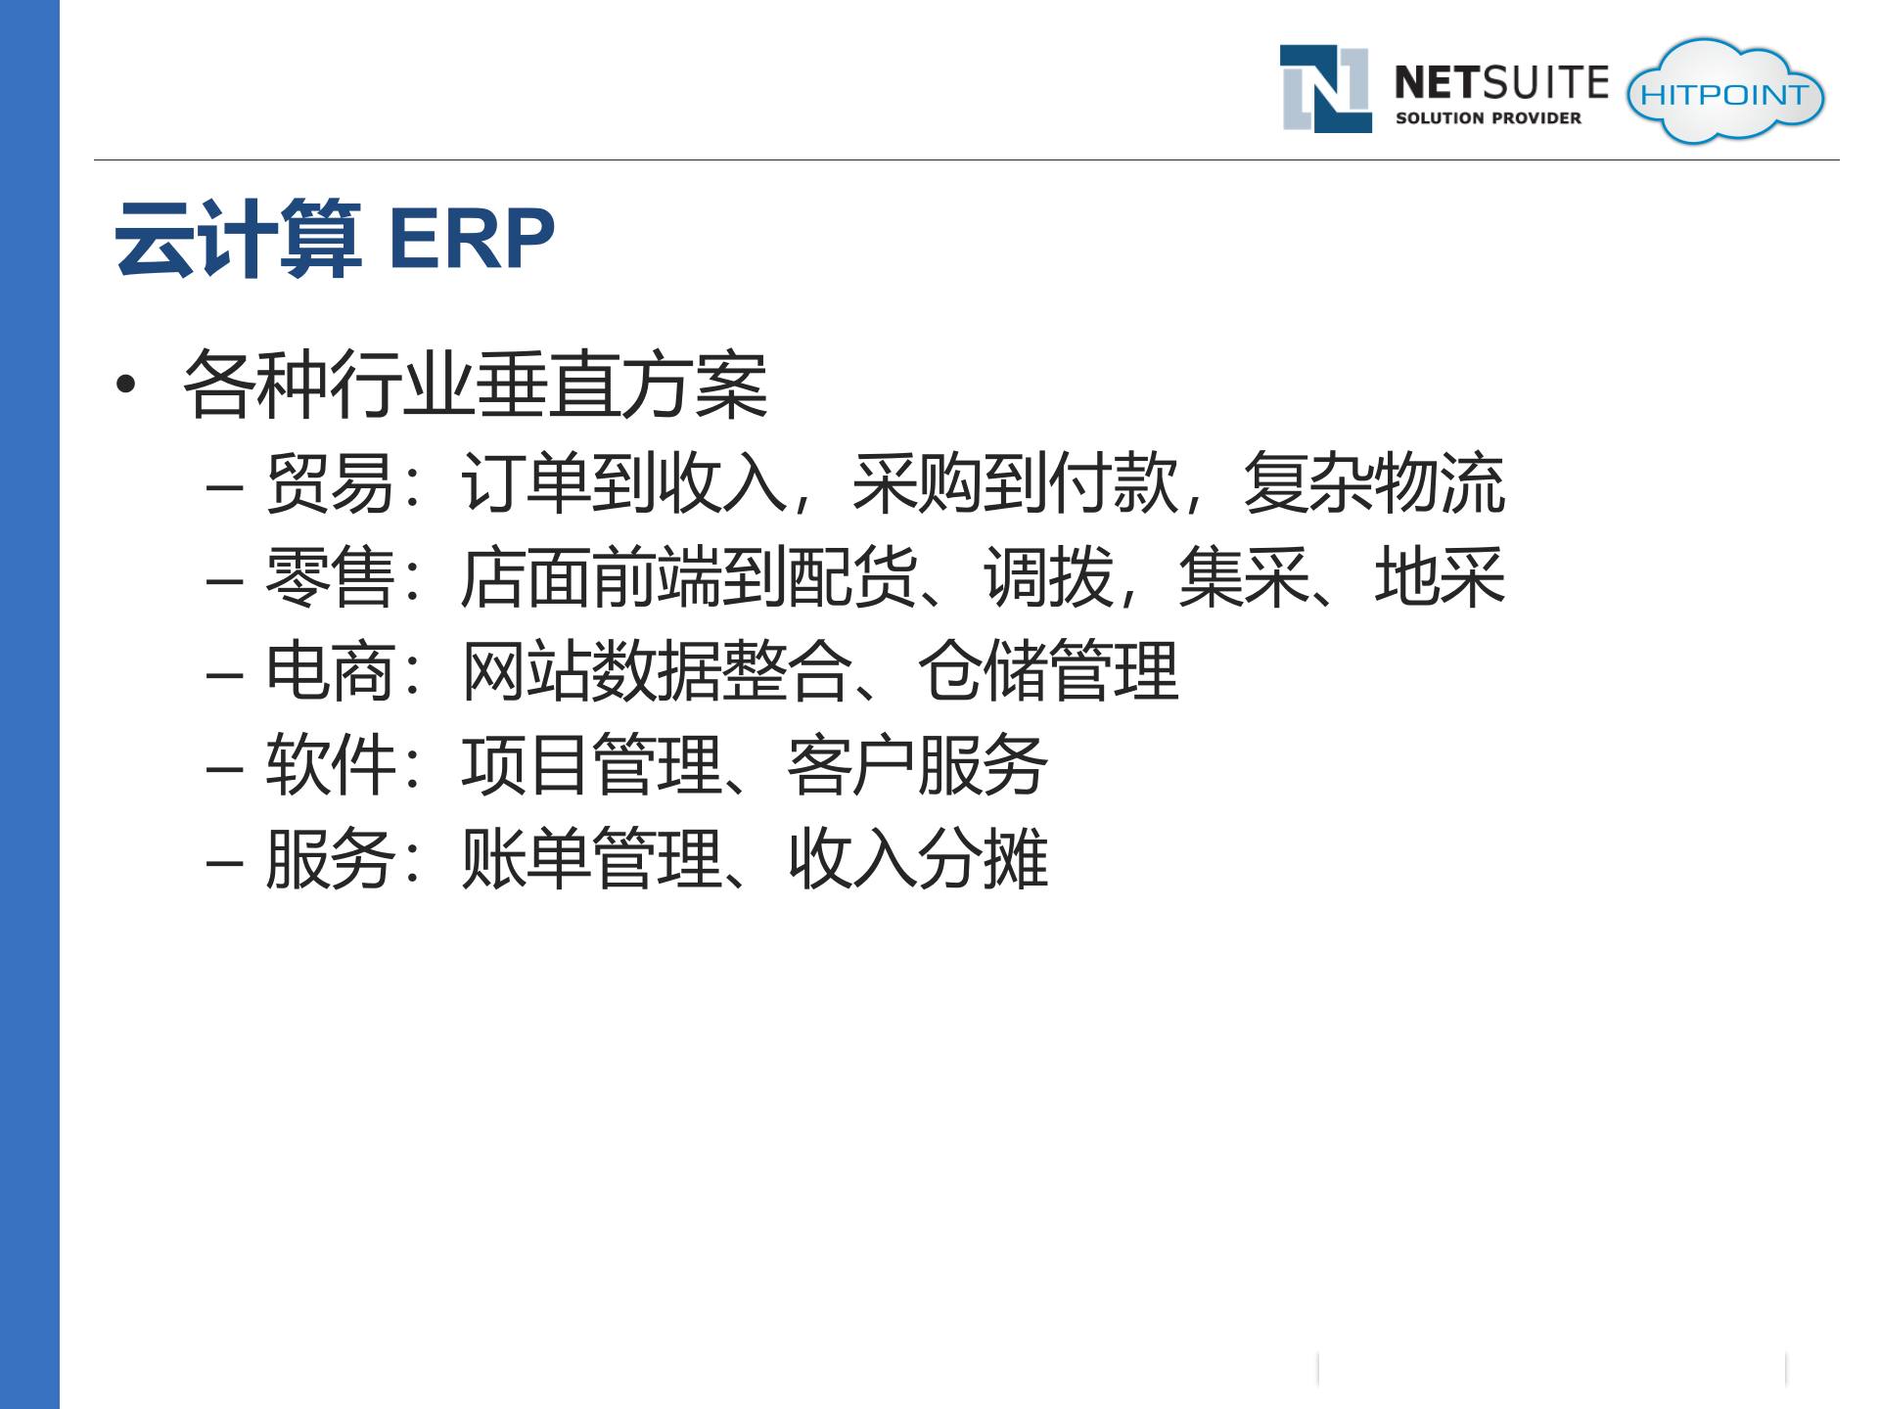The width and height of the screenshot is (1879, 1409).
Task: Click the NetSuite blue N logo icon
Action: (1326, 89)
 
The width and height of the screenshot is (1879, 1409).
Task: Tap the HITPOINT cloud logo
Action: (1724, 93)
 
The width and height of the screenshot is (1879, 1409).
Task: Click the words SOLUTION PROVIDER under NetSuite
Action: (1488, 118)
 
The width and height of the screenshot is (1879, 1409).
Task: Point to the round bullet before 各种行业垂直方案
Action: (125, 385)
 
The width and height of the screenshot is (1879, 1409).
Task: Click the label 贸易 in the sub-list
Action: (331, 483)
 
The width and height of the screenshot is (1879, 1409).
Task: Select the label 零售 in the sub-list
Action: (331, 577)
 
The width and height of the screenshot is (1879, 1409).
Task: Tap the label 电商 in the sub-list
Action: (331, 672)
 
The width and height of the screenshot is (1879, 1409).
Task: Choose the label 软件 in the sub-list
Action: (331, 765)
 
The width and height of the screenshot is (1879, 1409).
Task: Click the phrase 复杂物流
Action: (1374, 483)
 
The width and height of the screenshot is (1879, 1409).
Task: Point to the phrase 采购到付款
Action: (1015, 483)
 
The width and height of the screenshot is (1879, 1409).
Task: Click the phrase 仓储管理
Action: (1048, 672)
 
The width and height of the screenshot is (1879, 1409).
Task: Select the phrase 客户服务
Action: (918, 765)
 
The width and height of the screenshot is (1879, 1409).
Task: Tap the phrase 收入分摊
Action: (918, 859)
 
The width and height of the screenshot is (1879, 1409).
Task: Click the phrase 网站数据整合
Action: (656, 672)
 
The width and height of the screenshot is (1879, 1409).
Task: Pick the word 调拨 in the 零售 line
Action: (1048, 577)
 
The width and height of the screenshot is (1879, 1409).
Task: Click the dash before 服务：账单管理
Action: (224, 863)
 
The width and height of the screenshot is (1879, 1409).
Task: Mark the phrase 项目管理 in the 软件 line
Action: (591, 765)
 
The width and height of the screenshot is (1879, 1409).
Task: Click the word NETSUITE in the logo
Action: (1501, 83)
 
